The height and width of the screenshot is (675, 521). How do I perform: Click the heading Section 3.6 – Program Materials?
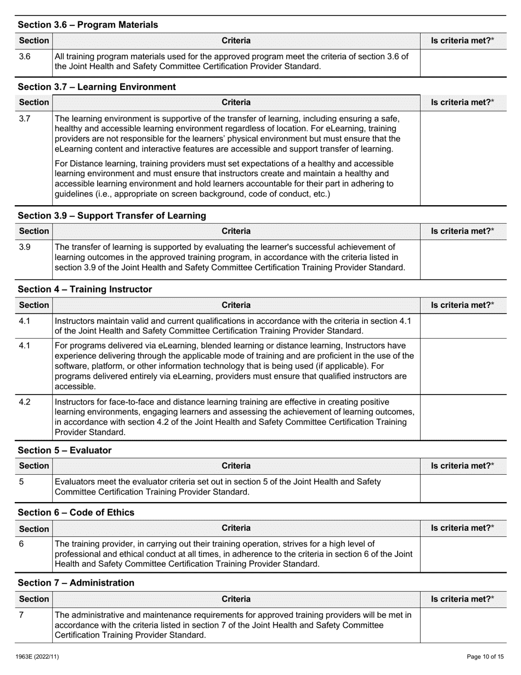coord(88,25)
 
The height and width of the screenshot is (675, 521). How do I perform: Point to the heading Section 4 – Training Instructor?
coord(85,289)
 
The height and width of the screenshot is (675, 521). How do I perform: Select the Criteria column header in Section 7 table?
coord(236,599)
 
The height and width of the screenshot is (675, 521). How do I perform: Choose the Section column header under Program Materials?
coord(33,41)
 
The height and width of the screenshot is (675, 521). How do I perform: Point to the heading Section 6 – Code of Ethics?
coord(76,513)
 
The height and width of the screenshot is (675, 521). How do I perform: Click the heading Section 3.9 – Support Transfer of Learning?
coord(112,216)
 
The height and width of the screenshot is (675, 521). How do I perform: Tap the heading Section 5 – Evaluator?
coord(65,451)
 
